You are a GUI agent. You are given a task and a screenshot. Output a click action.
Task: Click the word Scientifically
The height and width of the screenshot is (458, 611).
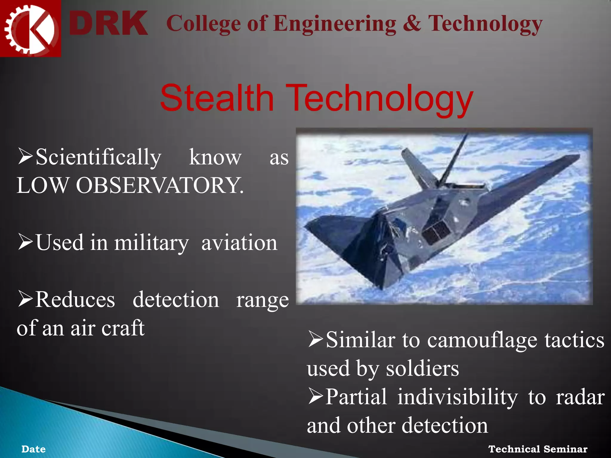(x=98, y=157)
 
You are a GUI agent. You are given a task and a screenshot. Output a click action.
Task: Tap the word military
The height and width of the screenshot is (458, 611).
(x=151, y=243)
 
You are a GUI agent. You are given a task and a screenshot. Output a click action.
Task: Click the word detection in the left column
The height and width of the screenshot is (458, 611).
(x=176, y=299)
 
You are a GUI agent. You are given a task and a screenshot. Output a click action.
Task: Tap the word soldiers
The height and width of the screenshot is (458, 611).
(x=422, y=369)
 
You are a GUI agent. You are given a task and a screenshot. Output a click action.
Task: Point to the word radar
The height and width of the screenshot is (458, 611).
(x=580, y=397)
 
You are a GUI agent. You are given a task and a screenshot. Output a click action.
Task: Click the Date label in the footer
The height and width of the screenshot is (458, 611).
(x=33, y=449)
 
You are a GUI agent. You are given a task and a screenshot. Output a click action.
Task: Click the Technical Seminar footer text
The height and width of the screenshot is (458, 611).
(x=538, y=449)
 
